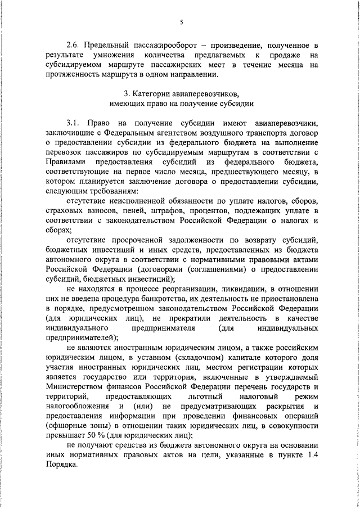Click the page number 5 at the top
point(182,22)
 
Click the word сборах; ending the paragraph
point(60,230)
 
